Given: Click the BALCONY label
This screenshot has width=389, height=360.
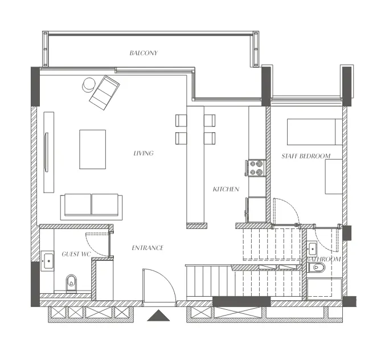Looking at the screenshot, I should (143, 53).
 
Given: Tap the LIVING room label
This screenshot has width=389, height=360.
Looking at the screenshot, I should (143, 153).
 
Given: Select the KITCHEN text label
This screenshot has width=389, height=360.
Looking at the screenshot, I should (226, 189).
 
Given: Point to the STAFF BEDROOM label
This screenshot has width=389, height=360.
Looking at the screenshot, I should (306, 156).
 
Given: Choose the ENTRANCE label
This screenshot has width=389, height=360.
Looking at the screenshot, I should (148, 248).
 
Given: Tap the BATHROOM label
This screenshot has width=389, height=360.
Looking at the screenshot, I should (324, 259).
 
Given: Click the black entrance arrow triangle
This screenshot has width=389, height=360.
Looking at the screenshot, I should (159, 316).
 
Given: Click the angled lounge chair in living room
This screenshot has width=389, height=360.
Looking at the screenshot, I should (104, 92).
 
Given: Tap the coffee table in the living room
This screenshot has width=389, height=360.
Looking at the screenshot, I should (92, 149).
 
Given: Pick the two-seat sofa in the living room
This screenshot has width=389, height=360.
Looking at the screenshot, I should (91, 206).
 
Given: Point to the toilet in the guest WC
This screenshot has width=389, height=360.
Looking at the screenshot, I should (71, 281).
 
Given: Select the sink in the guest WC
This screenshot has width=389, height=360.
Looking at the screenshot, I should (47, 261).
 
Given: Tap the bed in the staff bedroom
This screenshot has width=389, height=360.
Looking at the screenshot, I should (314, 132).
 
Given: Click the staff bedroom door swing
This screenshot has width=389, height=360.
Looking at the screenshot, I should (285, 210).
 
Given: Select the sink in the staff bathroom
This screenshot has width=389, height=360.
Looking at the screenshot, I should (312, 248).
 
